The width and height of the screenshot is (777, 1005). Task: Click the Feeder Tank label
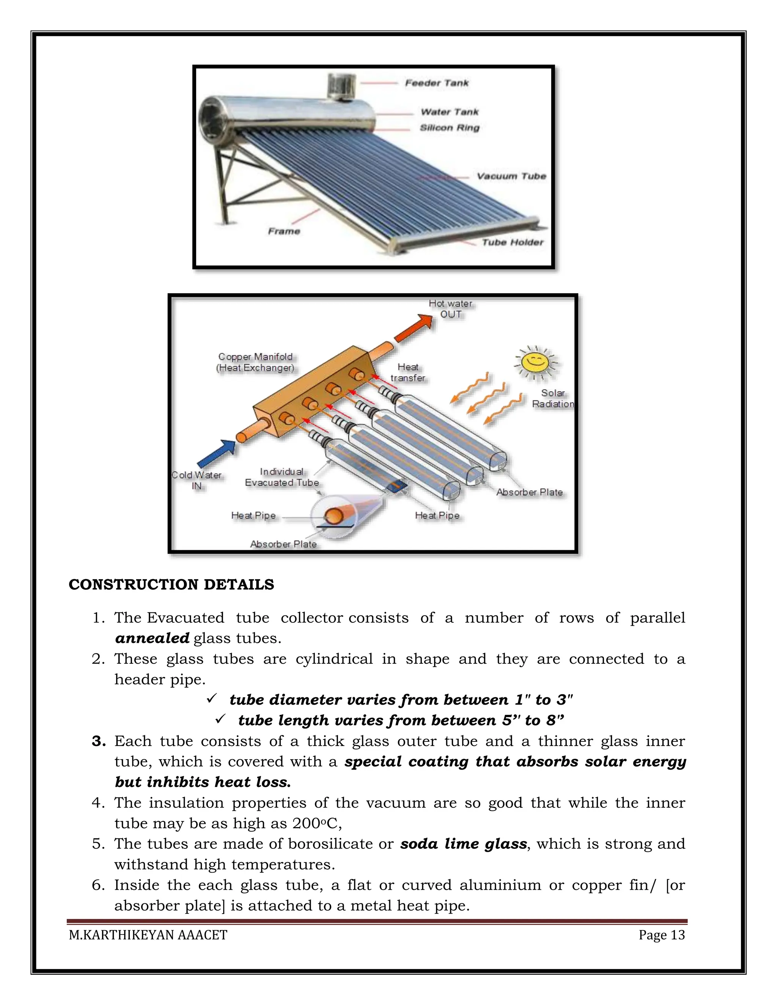(x=436, y=83)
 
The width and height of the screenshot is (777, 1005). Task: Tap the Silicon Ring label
(x=449, y=128)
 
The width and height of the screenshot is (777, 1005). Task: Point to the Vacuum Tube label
(x=511, y=176)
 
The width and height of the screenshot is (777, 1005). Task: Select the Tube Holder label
(x=512, y=242)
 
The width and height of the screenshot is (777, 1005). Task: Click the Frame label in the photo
(x=284, y=231)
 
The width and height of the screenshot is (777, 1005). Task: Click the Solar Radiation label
(x=552, y=399)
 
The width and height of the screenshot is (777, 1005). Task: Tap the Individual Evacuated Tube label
(x=282, y=477)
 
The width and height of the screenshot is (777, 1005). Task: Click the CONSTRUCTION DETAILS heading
(x=171, y=584)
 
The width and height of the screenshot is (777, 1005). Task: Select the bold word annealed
(x=152, y=638)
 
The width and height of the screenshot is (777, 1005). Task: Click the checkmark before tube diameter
(x=211, y=699)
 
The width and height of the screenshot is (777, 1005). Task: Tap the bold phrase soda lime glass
(x=463, y=844)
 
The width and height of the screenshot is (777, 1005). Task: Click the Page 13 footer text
(x=661, y=935)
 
